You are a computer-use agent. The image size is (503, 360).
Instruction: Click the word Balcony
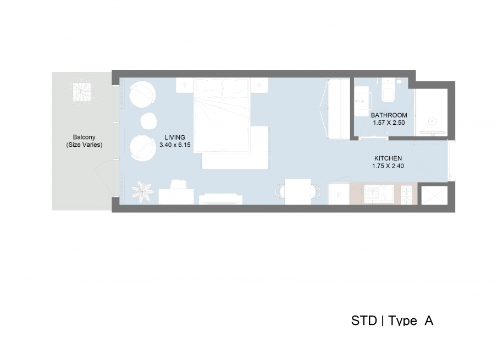(x=84, y=137)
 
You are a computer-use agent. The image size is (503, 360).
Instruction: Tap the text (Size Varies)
(x=84, y=145)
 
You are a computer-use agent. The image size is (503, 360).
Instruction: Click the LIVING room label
(x=175, y=137)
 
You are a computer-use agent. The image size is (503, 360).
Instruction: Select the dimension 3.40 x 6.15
(x=175, y=145)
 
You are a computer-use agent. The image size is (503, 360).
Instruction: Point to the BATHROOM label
(x=389, y=115)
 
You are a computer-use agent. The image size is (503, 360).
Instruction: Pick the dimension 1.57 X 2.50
(x=389, y=123)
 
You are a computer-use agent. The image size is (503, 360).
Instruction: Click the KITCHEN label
(x=388, y=158)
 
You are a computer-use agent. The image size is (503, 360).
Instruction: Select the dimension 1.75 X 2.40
(x=388, y=166)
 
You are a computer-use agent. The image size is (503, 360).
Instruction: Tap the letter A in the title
(x=429, y=321)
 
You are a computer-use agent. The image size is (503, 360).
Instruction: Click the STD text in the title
(x=364, y=321)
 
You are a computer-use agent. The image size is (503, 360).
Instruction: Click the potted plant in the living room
(x=142, y=192)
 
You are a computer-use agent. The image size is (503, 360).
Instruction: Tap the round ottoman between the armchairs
(x=148, y=121)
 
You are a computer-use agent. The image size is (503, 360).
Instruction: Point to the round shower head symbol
(x=433, y=121)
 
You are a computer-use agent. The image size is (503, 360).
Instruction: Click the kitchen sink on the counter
(x=379, y=195)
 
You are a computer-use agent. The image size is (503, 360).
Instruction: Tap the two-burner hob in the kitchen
(x=406, y=195)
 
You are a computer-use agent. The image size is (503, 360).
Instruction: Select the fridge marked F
(x=339, y=194)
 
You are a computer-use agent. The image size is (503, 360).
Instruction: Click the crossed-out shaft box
(x=434, y=196)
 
